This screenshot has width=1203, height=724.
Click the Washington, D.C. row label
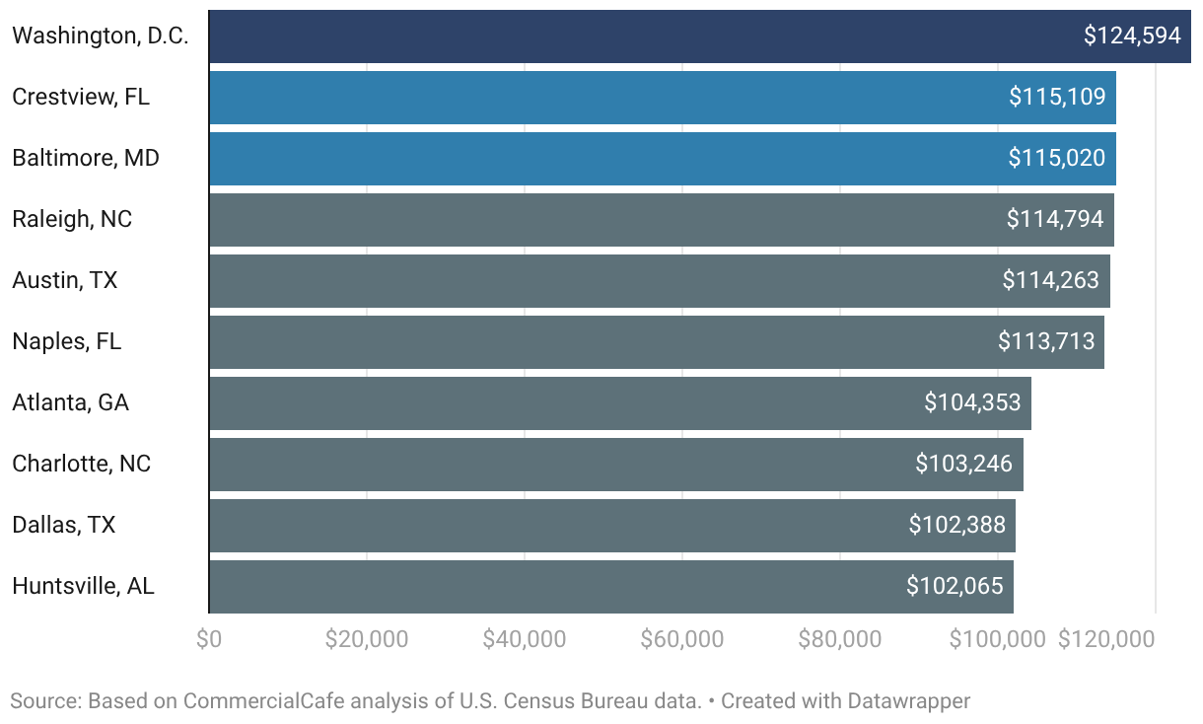(x=101, y=36)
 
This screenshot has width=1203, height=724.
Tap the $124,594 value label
(x=1132, y=36)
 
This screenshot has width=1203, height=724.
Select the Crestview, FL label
(x=81, y=98)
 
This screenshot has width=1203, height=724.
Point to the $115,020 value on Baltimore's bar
(x=1056, y=158)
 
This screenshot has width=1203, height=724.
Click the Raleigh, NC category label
(x=72, y=219)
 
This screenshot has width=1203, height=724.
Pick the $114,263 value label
(x=1050, y=280)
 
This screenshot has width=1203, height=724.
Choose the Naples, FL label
(x=67, y=341)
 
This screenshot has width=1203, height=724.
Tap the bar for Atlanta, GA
(x=620, y=403)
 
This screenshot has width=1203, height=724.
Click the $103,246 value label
(x=963, y=464)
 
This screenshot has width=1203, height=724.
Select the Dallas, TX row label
(x=63, y=525)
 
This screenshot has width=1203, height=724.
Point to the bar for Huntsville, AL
(x=611, y=587)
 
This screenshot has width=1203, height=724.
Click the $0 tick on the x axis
(x=209, y=639)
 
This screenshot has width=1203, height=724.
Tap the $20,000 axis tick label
(x=366, y=639)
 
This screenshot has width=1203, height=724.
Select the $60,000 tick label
(x=682, y=639)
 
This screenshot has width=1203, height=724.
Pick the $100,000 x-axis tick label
(x=997, y=639)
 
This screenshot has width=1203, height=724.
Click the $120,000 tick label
(x=1106, y=639)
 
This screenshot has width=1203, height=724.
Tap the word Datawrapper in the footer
(x=909, y=702)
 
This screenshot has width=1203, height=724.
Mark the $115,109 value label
(x=1057, y=98)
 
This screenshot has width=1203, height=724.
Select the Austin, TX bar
(x=660, y=281)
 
